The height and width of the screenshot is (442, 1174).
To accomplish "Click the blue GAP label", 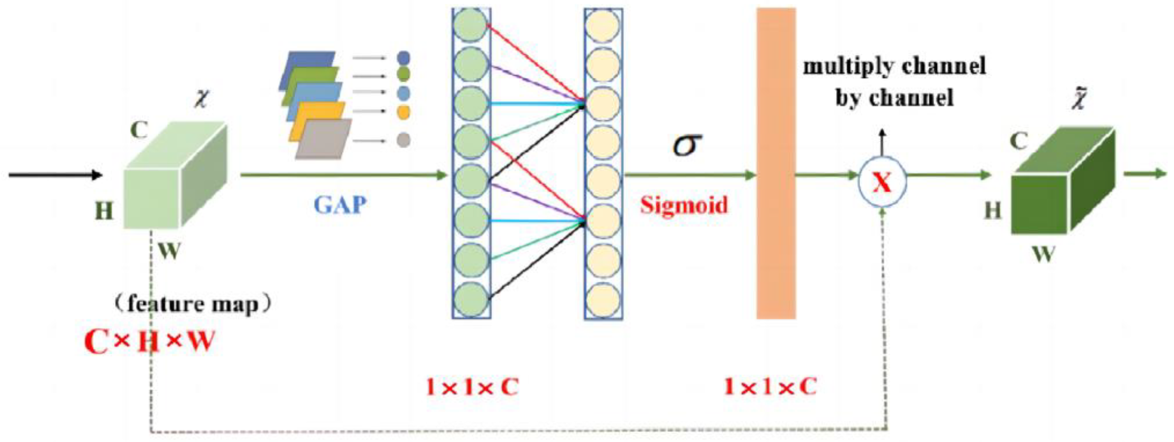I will pyautogui.click(x=340, y=205).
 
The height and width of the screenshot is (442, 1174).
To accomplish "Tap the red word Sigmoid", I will pyautogui.click(x=684, y=205).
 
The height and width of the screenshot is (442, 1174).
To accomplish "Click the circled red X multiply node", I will pyautogui.click(x=882, y=182).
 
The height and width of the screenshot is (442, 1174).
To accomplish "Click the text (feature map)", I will pyautogui.click(x=192, y=304).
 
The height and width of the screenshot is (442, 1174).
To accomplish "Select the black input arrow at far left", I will pyautogui.click(x=55, y=174).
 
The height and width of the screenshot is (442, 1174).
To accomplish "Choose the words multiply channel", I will pyautogui.click(x=894, y=66).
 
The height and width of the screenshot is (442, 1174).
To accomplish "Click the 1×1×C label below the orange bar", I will pyautogui.click(x=770, y=387).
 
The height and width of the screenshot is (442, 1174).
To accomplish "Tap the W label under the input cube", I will pyautogui.click(x=169, y=251).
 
